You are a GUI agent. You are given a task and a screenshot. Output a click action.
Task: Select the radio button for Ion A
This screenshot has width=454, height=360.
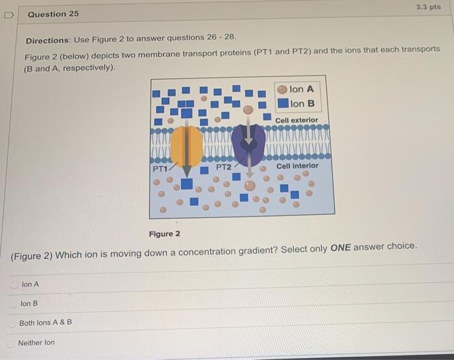coord(14,284)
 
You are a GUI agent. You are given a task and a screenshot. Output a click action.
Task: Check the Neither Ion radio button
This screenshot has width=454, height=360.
coord(11,342)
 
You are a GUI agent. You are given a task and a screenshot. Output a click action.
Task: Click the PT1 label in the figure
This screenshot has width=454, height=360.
coord(160,169)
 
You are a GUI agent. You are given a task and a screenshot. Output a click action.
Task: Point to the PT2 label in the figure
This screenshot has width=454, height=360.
coord(223,167)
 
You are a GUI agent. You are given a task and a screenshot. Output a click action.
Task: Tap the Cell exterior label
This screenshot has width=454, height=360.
coord(296,120)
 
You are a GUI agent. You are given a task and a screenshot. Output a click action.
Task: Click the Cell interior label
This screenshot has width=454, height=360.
coord(298,166)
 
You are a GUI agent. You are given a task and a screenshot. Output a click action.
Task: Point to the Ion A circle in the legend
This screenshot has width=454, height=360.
coord(283,90)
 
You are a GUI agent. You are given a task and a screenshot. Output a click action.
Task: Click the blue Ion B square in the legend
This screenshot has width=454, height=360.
coord(283,103)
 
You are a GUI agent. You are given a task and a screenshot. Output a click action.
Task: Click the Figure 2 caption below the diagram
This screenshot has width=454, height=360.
coord(165,234)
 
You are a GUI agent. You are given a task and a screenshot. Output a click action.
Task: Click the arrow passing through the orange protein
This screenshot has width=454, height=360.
coord(187,156)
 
